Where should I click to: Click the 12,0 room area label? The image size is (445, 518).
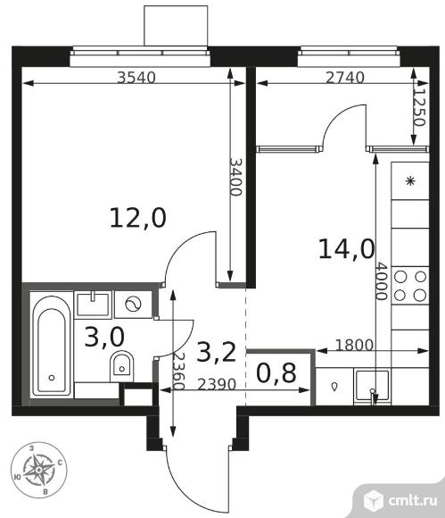138,219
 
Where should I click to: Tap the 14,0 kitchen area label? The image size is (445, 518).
347,249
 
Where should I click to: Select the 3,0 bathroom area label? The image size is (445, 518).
104,337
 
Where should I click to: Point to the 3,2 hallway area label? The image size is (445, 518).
216,352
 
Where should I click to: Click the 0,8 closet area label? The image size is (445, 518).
276,372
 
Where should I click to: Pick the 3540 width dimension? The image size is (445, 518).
136,78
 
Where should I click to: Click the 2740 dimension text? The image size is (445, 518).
345,78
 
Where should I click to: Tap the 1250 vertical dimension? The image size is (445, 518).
418,106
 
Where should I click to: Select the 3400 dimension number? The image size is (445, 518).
235,177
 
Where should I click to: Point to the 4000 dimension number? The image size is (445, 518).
381,281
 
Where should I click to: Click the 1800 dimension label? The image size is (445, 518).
354,346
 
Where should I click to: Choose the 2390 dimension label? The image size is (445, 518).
217,384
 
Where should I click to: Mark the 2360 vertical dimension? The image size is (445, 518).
178,371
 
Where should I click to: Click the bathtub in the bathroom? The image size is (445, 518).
51,347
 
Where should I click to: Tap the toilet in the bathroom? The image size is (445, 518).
121,366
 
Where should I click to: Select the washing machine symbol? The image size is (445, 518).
134,304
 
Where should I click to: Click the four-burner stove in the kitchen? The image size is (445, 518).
410,286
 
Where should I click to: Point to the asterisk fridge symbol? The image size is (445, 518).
410,180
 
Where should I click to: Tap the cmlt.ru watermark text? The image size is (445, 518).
413,500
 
